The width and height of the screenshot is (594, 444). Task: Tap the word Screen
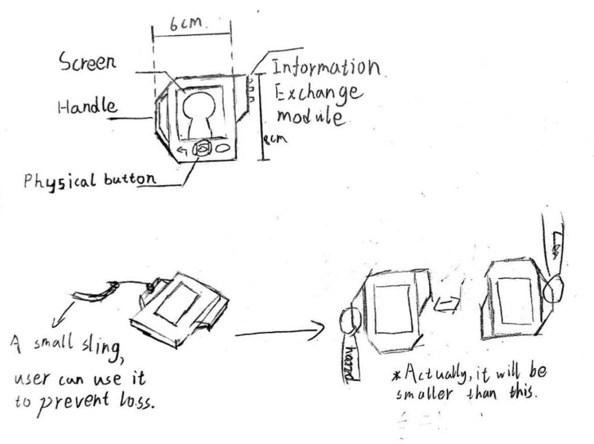click(87, 62)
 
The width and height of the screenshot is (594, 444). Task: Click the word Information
click(325, 67)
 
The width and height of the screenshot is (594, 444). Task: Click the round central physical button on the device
click(201, 149)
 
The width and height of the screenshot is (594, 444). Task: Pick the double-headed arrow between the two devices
click(448, 304)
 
